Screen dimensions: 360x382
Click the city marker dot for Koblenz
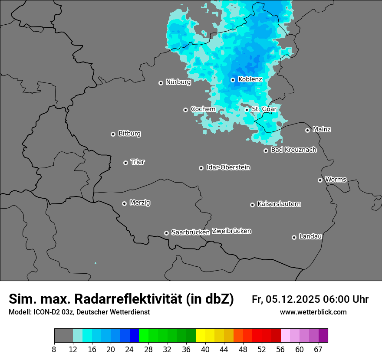[233, 80]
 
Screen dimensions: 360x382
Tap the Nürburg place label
[178, 82]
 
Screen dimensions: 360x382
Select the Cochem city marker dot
[185, 110]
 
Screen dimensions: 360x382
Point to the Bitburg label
[129, 134]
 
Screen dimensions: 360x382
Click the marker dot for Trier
[125, 163]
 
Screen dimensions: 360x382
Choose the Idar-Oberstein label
[228, 167]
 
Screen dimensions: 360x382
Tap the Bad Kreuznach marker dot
[266, 151]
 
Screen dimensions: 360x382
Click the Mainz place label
[322, 129]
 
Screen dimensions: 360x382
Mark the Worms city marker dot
[320, 180]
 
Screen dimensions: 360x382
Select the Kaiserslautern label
[279, 204]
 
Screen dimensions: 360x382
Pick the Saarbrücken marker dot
[166, 233]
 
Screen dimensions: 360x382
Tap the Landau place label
[310, 236]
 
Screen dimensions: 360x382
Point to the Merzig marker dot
[124, 203]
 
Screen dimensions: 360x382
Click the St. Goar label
[264, 109]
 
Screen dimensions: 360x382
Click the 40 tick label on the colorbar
[205, 350]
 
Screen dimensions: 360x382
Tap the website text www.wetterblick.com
[313, 312]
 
